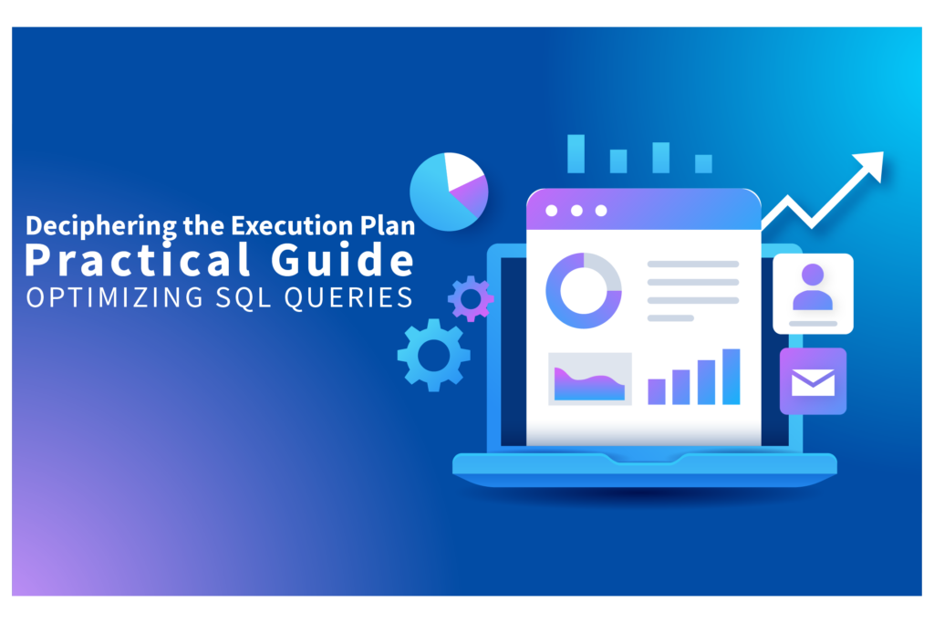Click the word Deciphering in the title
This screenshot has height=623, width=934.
click(80, 223)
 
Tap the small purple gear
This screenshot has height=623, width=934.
click(471, 298)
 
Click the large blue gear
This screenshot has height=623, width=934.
click(434, 354)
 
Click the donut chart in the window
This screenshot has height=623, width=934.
click(583, 291)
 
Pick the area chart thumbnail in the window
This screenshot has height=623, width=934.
click(589, 379)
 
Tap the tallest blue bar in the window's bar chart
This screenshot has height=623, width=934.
click(731, 376)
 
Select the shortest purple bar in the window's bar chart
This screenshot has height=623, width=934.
click(657, 390)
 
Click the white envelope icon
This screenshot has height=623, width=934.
click(813, 381)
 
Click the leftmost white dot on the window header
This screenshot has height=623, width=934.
click(551, 211)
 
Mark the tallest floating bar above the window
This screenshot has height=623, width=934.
click(576, 153)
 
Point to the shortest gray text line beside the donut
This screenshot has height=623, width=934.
click(670, 317)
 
